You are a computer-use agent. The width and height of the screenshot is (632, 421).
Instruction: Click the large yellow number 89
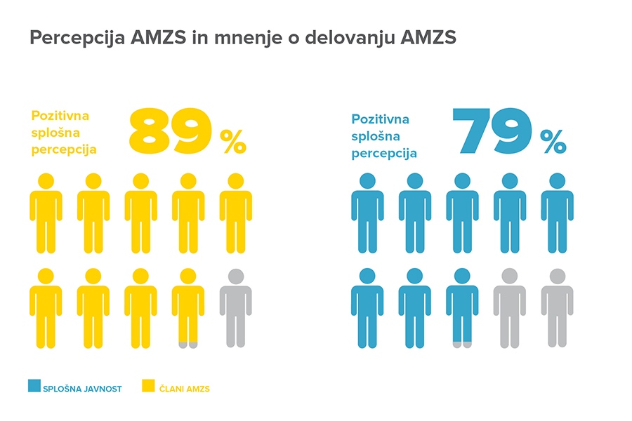pos(170,131)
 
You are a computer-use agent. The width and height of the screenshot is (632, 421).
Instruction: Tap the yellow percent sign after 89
pos(233,141)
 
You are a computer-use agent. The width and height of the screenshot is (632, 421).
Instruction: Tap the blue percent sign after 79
pos(553,141)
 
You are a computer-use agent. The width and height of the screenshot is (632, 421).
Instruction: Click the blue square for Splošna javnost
pos(34,385)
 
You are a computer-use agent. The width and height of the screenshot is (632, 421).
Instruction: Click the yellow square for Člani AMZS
pos(148,385)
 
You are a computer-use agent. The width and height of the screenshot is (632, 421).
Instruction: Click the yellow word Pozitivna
pos(60,116)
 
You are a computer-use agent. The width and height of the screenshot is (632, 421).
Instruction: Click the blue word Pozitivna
pos(380,119)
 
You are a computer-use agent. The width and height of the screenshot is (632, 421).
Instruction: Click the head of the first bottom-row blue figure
pos(367,276)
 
